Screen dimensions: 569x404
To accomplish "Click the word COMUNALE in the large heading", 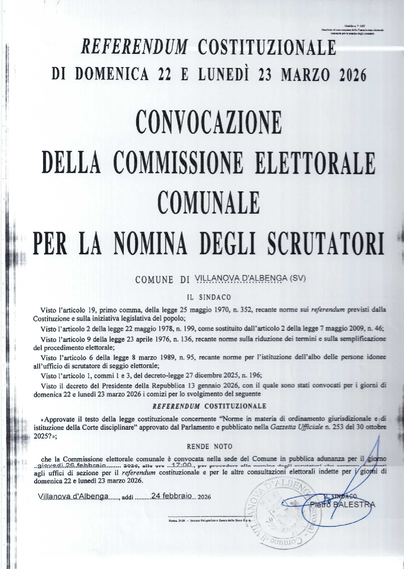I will tap(209, 203).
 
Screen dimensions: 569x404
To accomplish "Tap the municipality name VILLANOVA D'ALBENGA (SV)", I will tap(250, 278).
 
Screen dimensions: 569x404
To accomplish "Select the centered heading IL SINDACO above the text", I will tap(209, 297).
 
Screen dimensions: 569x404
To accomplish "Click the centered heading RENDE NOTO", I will tap(209, 446).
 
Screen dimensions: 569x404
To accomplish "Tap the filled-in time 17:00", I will tap(182, 465).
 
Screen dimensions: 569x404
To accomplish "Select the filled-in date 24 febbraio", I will tap(172, 496).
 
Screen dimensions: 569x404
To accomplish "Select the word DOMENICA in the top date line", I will tap(112, 75).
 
